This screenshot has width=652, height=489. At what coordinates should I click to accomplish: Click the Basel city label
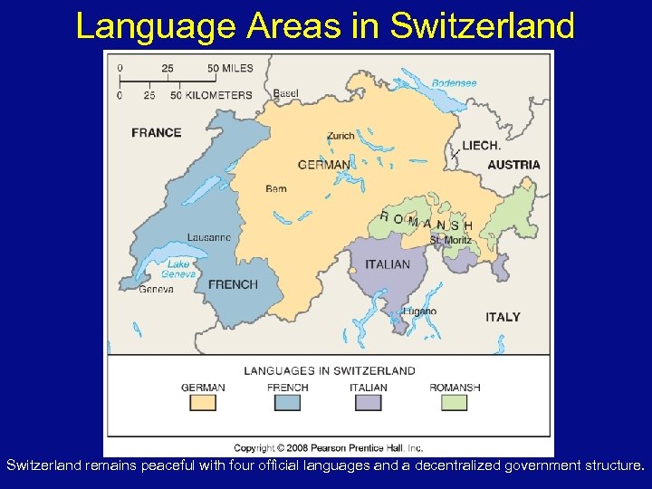[x=285, y=94]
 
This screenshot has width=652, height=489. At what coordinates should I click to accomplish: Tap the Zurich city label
[x=340, y=136]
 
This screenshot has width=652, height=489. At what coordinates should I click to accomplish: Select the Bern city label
[x=276, y=189]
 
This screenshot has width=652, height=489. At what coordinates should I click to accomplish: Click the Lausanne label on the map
[x=209, y=237]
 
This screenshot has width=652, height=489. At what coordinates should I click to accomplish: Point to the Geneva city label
[x=157, y=290]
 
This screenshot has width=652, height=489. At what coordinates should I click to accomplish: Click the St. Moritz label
[x=450, y=241]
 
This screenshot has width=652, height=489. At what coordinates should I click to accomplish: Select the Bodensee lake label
[x=454, y=82]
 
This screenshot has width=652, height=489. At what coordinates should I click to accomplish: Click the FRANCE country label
[x=157, y=132]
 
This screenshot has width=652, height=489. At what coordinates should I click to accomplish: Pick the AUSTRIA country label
[x=513, y=165]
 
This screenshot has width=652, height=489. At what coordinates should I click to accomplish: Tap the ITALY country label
[x=503, y=317]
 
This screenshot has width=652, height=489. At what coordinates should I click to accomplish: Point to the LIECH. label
[x=482, y=145]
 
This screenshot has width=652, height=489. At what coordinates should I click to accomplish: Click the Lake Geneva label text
[x=178, y=269]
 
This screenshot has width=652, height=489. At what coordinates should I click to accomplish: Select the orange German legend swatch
[x=203, y=402]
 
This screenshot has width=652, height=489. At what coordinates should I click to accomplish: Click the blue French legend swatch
[x=287, y=402]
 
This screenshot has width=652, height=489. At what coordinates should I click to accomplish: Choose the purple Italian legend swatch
[x=368, y=402]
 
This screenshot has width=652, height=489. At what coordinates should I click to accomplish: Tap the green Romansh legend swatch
[x=454, y=402]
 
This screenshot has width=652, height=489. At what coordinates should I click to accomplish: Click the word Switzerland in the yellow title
[x=482, y=26]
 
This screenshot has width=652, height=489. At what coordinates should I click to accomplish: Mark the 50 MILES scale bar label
[x=230, y=69]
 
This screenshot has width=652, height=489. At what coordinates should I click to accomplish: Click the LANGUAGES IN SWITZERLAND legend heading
[x=330, y=370]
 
